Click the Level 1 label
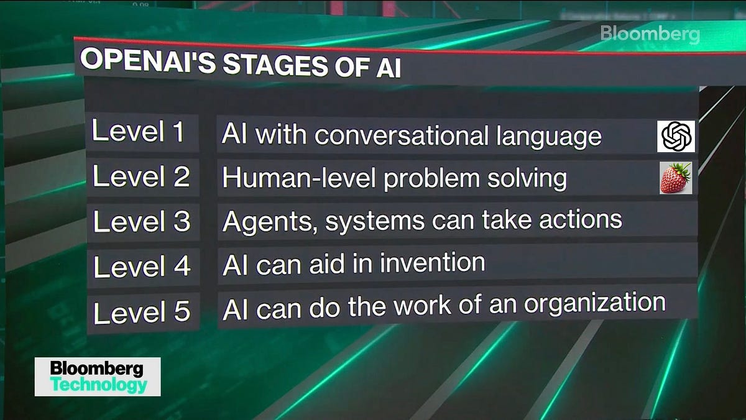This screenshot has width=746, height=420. pyautogui.click(x=138, y=132)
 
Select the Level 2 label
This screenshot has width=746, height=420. pyautogui.click(x=141, y=177)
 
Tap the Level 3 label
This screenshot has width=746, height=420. pyautogui.click(x=142, y=222)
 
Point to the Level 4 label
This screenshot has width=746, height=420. pyautogui.click(x=142, y=267)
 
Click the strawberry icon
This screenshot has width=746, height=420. pyautogui.click(x=675, y=178)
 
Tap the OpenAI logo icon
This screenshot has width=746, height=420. pyautogui.click(x=676, y=136)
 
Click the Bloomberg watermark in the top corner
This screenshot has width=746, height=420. pyautogui.click(x=650, y=34)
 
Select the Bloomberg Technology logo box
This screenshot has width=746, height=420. pyautogui.click(x=98, y=377)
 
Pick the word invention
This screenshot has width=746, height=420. pyautogui.click(x=433, y=263)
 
